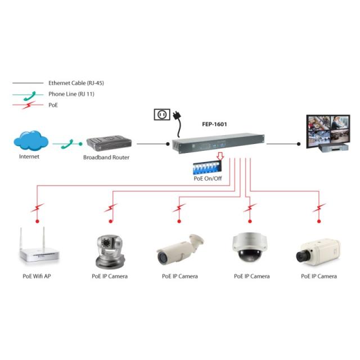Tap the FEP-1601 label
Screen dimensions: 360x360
216,125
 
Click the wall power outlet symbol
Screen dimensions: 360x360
161,115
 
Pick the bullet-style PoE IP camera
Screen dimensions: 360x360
179,250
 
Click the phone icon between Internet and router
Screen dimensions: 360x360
67,145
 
